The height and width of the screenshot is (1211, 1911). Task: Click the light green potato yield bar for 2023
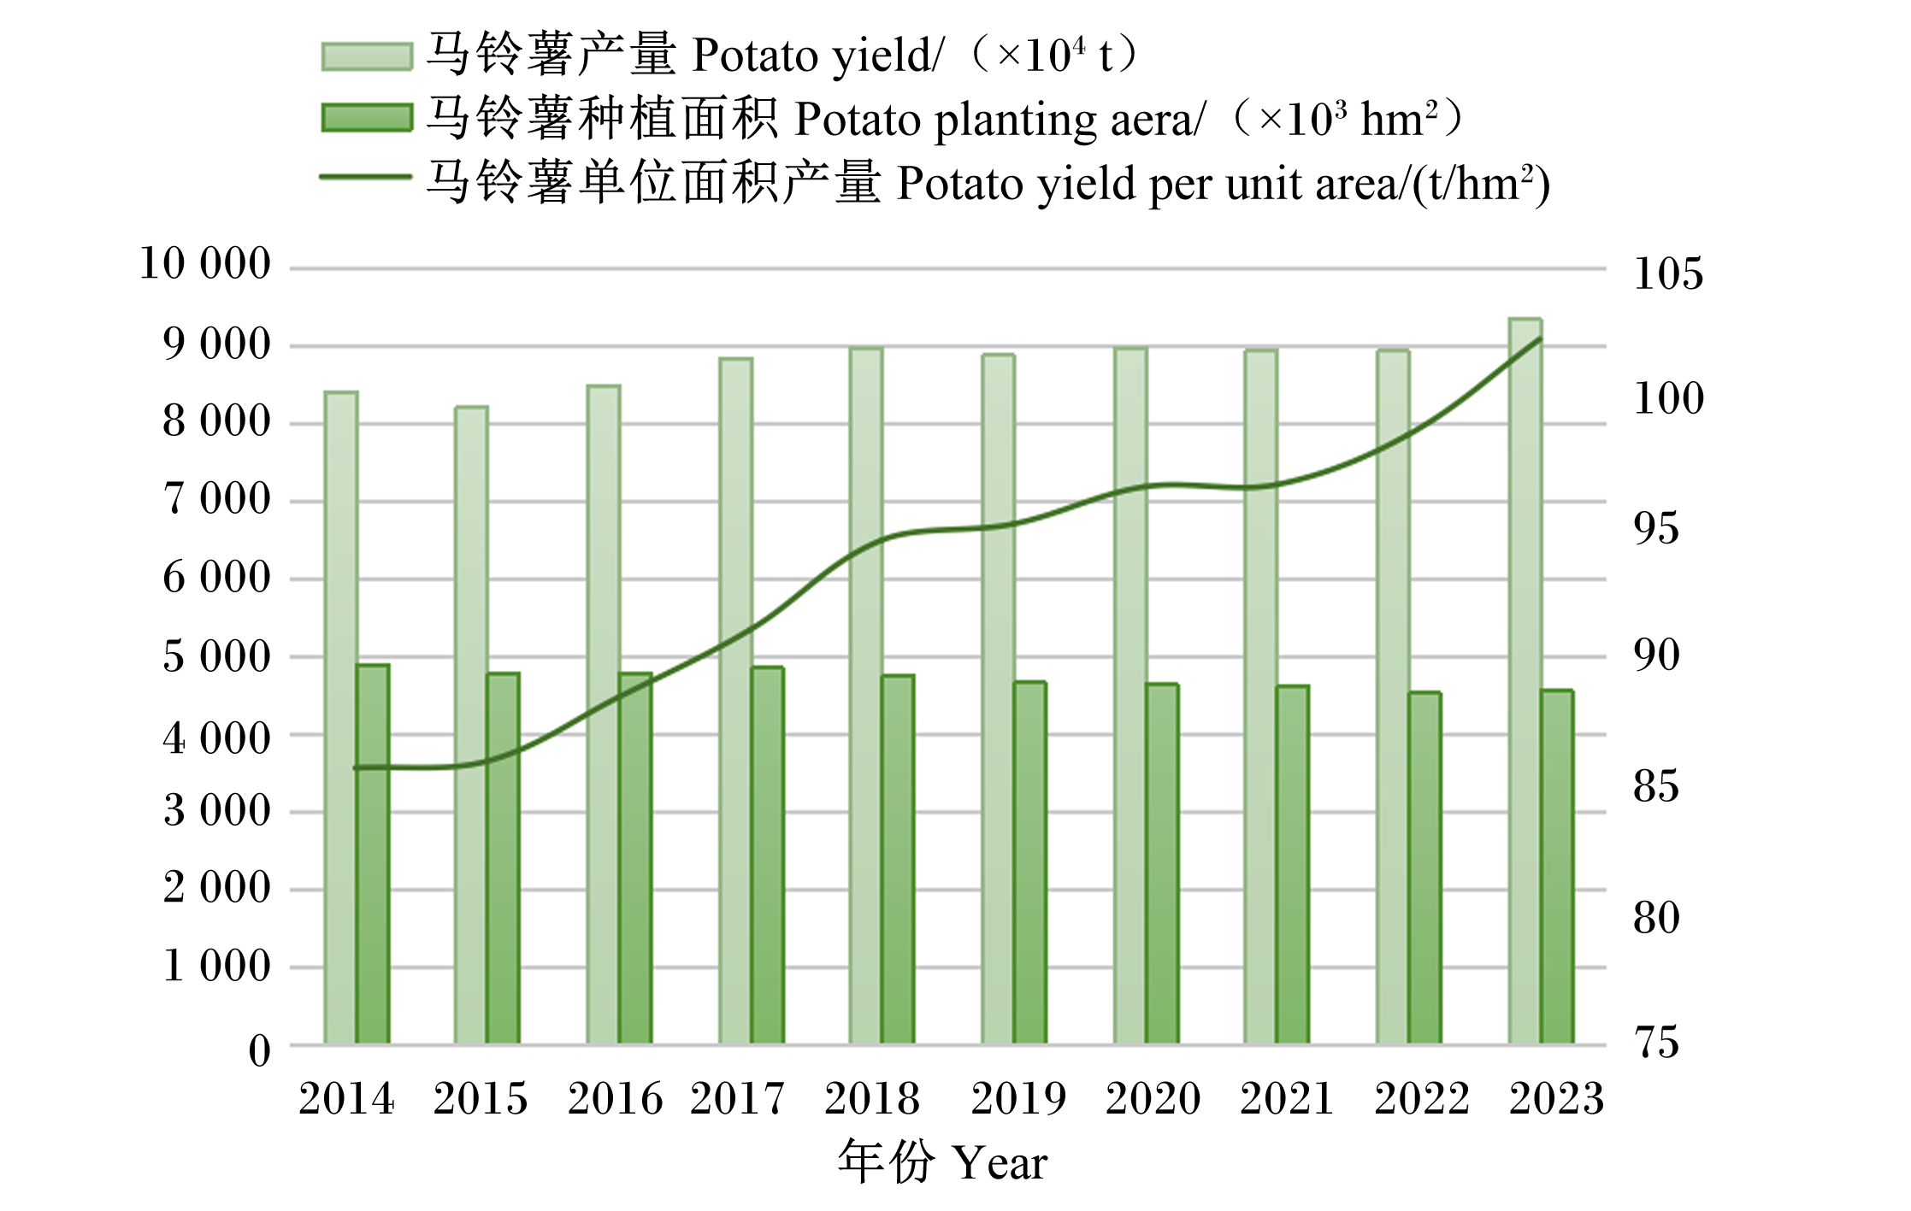point(1525,681)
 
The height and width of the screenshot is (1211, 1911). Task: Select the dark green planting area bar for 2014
point(373,854)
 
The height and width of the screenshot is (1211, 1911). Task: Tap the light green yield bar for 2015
point(471,725)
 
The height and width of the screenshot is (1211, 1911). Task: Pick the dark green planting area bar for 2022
point(1425,867)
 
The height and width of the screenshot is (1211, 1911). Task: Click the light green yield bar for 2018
point(866,696)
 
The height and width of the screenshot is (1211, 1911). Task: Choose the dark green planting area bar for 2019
point(1030,862)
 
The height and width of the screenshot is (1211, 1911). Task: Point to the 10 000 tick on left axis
point(205,263)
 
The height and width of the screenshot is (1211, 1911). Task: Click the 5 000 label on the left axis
point(217,656)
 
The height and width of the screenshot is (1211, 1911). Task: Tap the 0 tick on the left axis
point(260,1051)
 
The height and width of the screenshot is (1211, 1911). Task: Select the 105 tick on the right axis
point(1668,273)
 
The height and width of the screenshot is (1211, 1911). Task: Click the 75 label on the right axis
point(1656,1043)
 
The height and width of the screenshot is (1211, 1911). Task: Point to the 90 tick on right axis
point(1656,655)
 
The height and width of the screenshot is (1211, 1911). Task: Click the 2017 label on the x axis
point(737,1098)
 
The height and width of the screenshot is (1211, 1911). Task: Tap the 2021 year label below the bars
point(1287,1098)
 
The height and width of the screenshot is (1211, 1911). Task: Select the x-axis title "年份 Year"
point(942,1162)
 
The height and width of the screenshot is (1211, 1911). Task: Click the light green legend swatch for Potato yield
point(367,56)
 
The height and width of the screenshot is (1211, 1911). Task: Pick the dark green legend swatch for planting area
point(367,118)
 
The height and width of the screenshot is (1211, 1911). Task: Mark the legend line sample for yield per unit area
point(366,177)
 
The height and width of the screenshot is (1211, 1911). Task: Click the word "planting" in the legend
point(1015,121)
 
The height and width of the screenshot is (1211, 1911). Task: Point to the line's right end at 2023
point(1540,339)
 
